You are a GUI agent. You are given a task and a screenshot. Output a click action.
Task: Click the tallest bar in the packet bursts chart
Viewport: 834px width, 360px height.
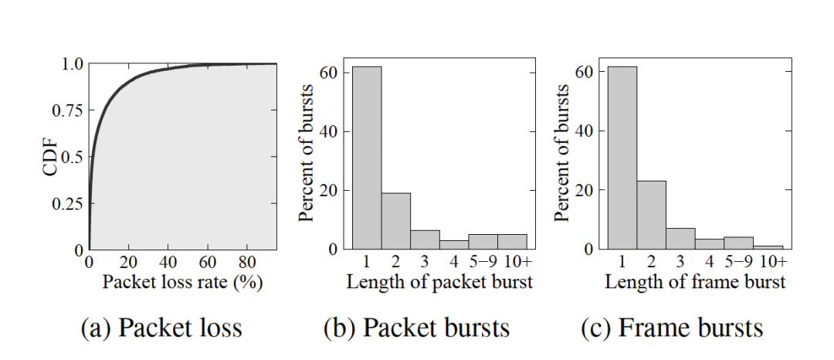tap(367, 158)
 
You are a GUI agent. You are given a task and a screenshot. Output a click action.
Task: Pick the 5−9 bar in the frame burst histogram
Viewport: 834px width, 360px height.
tap(738, 243)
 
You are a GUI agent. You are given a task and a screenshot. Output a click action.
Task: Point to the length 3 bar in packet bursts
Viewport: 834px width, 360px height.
tap(425, 239)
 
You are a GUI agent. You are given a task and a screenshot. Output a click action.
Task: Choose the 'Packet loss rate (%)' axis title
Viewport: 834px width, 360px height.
tap(183, 282)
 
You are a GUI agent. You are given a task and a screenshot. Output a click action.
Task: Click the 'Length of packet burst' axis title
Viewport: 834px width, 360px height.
tap(439, 282)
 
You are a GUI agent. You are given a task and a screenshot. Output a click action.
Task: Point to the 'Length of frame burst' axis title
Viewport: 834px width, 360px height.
tap(695, 282)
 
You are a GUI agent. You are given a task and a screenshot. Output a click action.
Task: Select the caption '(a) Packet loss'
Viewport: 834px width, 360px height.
tap(161, 328)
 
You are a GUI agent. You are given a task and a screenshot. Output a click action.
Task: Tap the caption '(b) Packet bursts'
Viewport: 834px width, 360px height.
tap(416, 328)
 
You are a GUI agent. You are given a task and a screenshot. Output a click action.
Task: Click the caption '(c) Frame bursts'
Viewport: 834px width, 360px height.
tap(672, 328)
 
